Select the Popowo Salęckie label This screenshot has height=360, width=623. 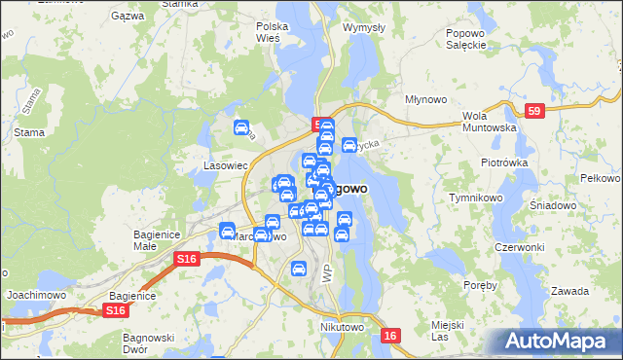pyautogui.click(x=465, y=39)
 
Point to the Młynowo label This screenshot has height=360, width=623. pyautogui.click(x=425, y=99)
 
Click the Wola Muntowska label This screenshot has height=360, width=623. pyautogui.click(x=488, y=121)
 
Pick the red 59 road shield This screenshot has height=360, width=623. pyautogui.click(x=532, y=111)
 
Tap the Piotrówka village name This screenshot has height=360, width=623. pyautogui.click(x=503, y=162)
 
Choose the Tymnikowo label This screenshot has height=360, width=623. pyautogui.click(x=474, y=198)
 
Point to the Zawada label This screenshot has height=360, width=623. pyautogui.click(x=569, y=291)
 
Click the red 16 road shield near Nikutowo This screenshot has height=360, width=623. pyautogui.click(x=390, y=335)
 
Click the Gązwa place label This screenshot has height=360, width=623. pyautogui.click(x=128, y=17)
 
